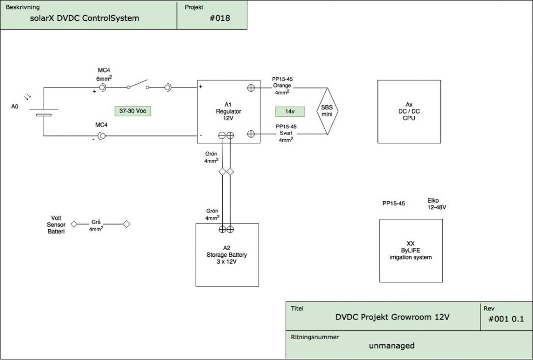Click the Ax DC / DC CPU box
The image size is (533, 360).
point(409,111)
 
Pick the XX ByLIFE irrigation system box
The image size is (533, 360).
point(411,251)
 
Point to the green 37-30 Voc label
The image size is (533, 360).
point(132,111)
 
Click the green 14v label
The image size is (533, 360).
point(289,111)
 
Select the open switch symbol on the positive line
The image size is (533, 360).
point(138,85)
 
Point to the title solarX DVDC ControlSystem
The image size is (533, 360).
point(85,18)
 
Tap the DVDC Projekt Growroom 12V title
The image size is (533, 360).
point(392,316)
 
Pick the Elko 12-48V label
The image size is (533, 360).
point(437,203)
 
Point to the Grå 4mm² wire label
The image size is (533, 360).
point(96,225)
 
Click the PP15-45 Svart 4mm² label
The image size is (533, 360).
point(285,133)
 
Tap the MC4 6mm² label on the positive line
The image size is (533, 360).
point(105,74)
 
